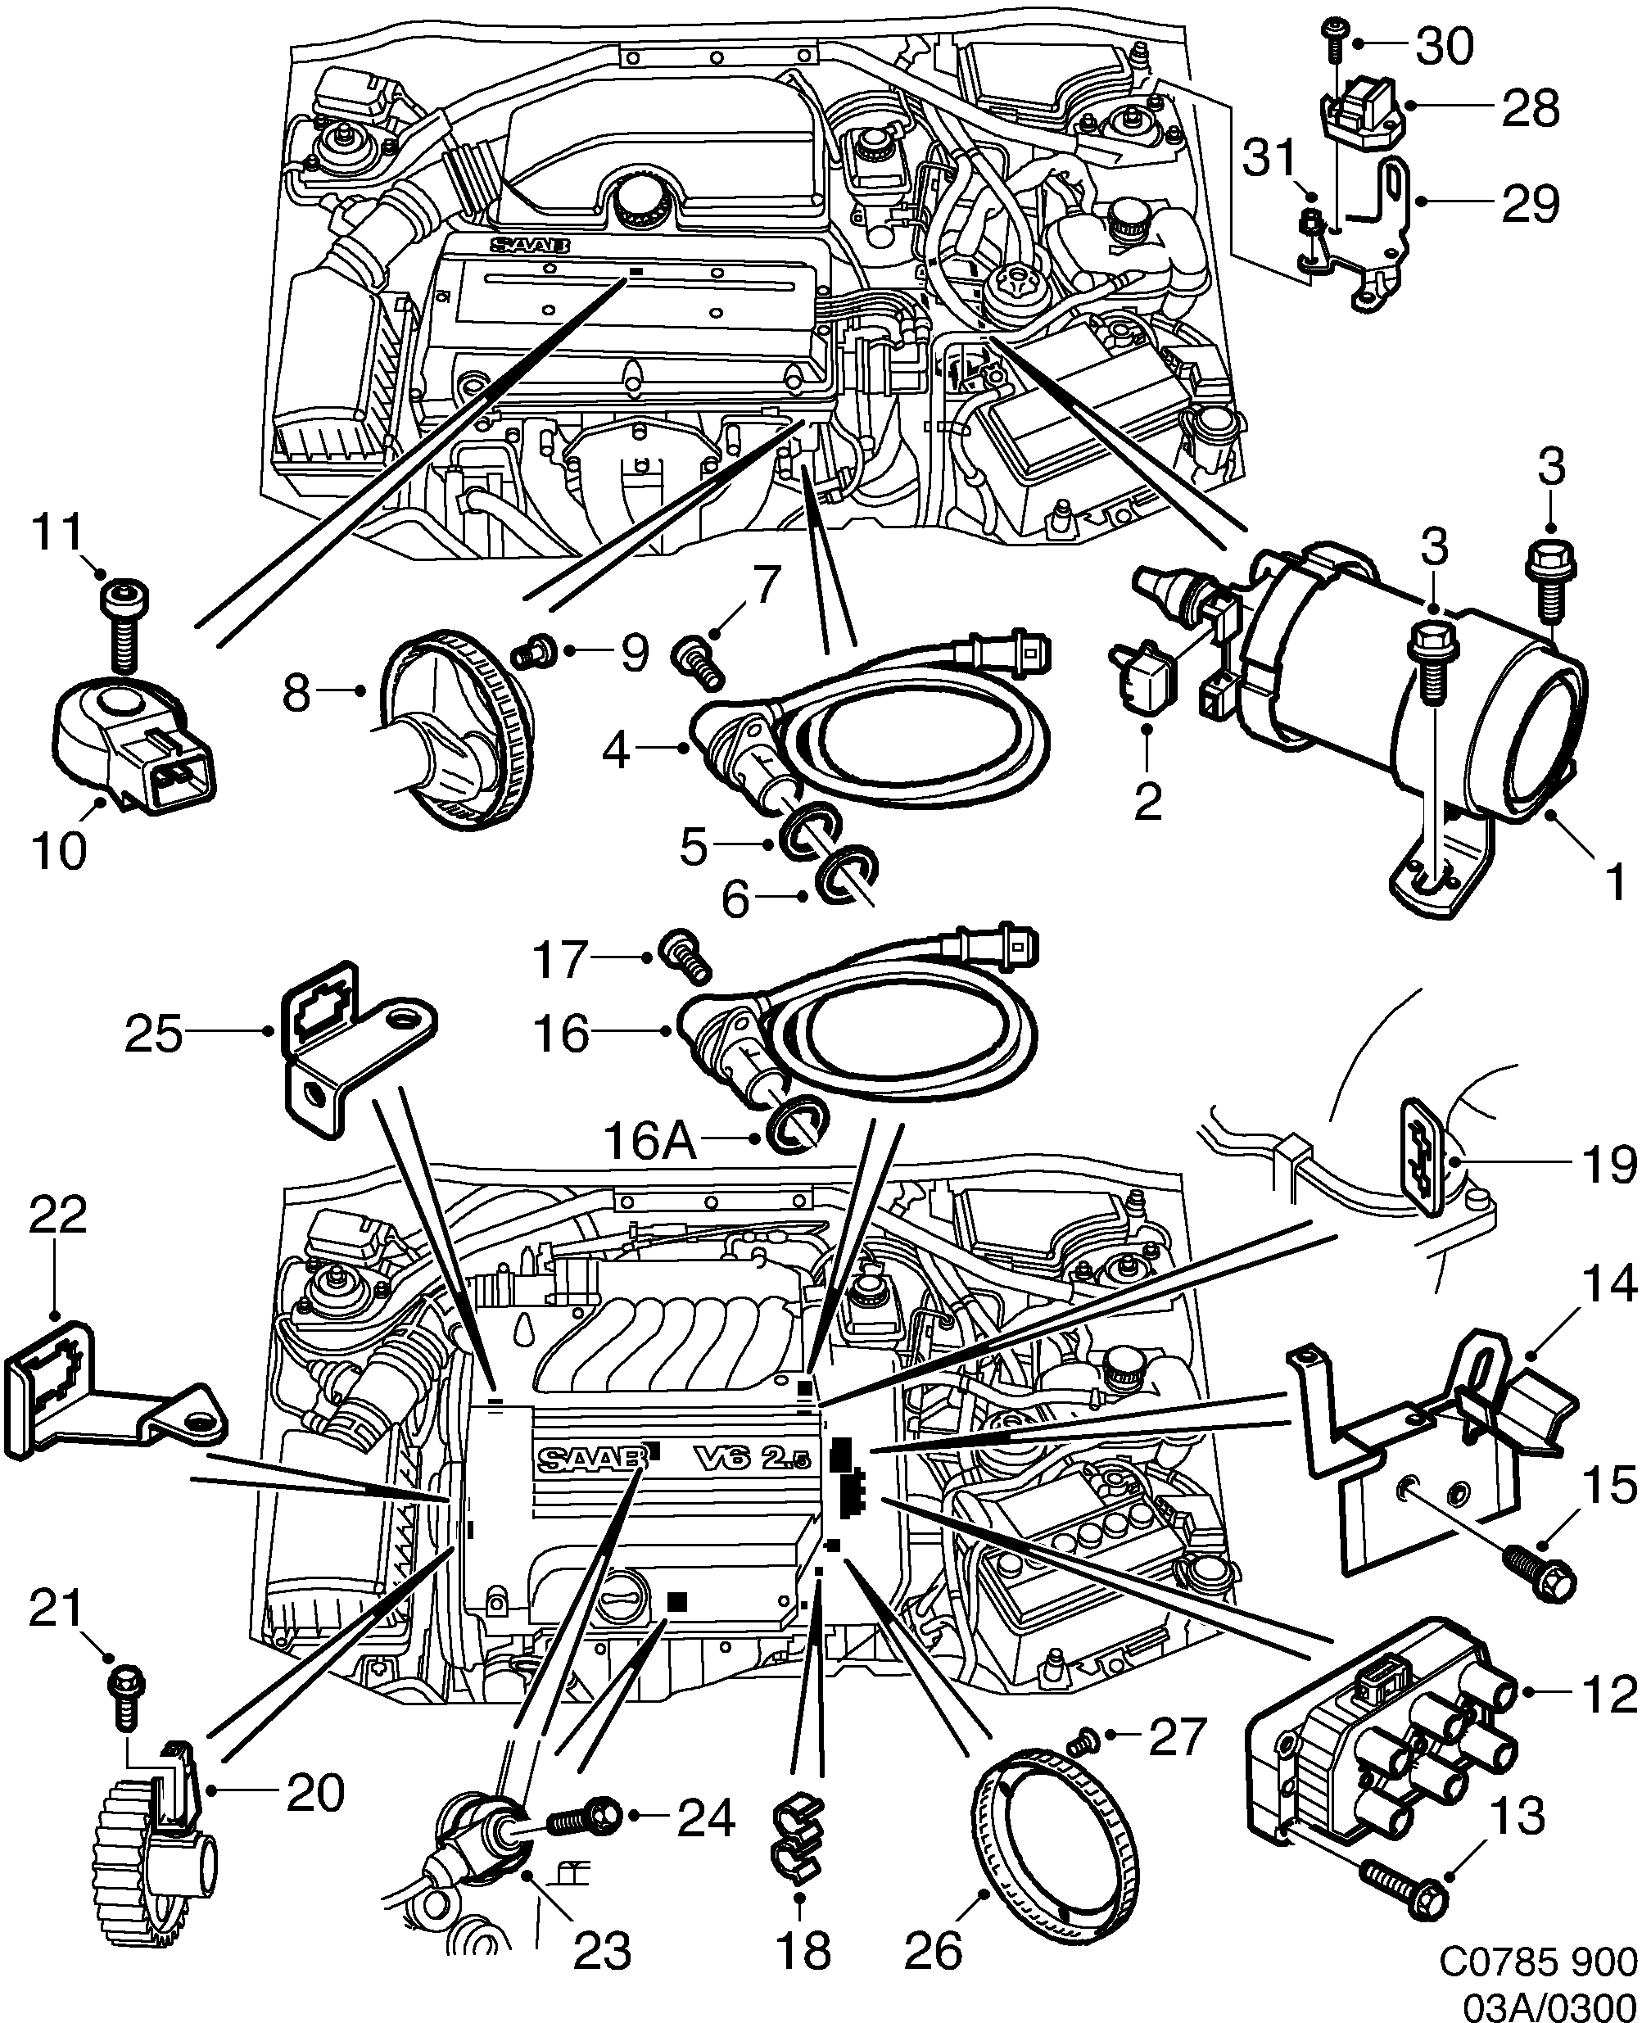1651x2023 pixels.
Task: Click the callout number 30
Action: [x=1445, y=46]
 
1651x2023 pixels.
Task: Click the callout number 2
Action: [x=1148, y=803]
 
